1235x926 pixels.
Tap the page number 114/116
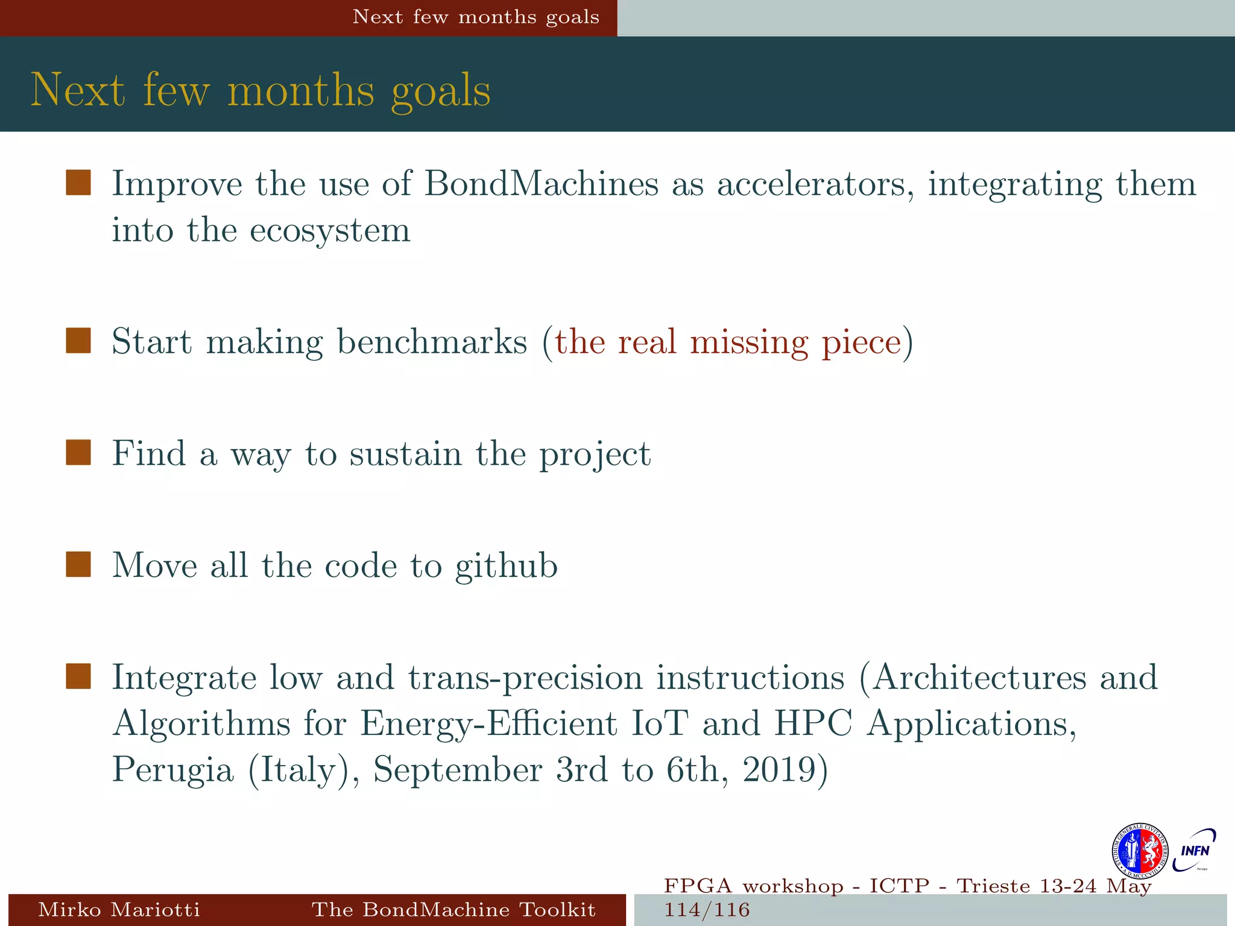[707, 910]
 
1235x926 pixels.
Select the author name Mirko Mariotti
[119, 909]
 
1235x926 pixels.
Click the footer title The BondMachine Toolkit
[453, 909]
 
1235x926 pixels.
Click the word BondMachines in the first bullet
[541, 183]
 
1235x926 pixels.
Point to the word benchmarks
[432, 342]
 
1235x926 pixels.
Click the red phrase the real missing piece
[728, 342]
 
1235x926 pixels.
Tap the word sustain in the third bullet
[405, 453]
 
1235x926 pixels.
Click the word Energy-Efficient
[488, 723]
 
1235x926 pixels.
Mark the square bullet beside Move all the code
[78, 564]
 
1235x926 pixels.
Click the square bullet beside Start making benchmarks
[78, 341]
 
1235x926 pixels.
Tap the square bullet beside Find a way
[78, 453]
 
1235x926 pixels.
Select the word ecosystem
[330, 230]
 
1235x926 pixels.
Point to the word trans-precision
[525, 678]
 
